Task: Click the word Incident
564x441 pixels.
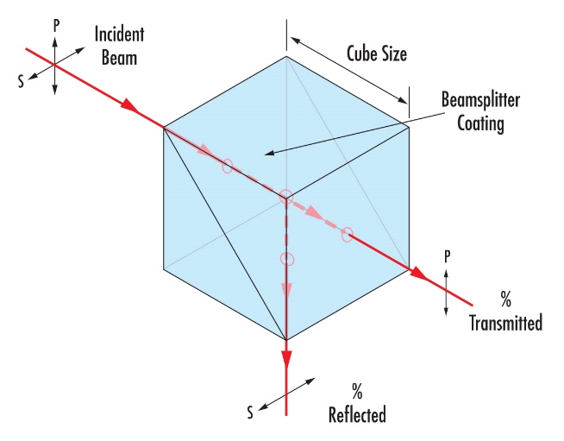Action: (119, 35)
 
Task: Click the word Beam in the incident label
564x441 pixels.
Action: (119, 58)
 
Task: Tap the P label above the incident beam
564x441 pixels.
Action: (56, 26)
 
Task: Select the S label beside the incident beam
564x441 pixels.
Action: (22, 81)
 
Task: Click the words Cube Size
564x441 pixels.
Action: (377, 54)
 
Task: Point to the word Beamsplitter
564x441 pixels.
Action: (480, 100)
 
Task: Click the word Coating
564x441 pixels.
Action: (480, 123)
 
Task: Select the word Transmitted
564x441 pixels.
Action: (505, 323)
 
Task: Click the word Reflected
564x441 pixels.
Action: (357, 415)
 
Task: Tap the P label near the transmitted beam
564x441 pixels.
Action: (447, 257)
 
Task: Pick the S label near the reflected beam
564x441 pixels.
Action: (250, 413)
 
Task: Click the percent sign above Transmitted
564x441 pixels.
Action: (505, 299)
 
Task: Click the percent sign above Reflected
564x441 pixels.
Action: (357, 391)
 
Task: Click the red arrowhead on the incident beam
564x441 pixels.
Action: (129, 105)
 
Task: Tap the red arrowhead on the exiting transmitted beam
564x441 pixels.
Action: (418, 273)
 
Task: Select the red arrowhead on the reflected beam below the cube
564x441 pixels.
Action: (286, 359)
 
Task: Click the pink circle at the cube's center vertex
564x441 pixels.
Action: (286, 198)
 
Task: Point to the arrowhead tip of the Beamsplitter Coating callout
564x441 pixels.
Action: (265, 154)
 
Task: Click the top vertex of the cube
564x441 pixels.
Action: (286, 56)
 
